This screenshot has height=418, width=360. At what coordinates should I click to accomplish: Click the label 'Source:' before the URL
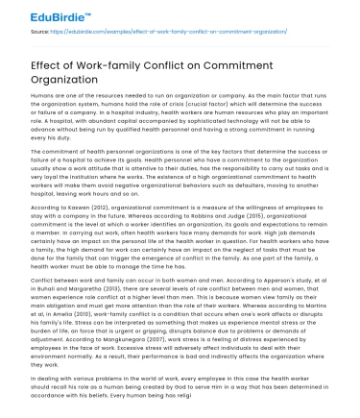tap(40, 32)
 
